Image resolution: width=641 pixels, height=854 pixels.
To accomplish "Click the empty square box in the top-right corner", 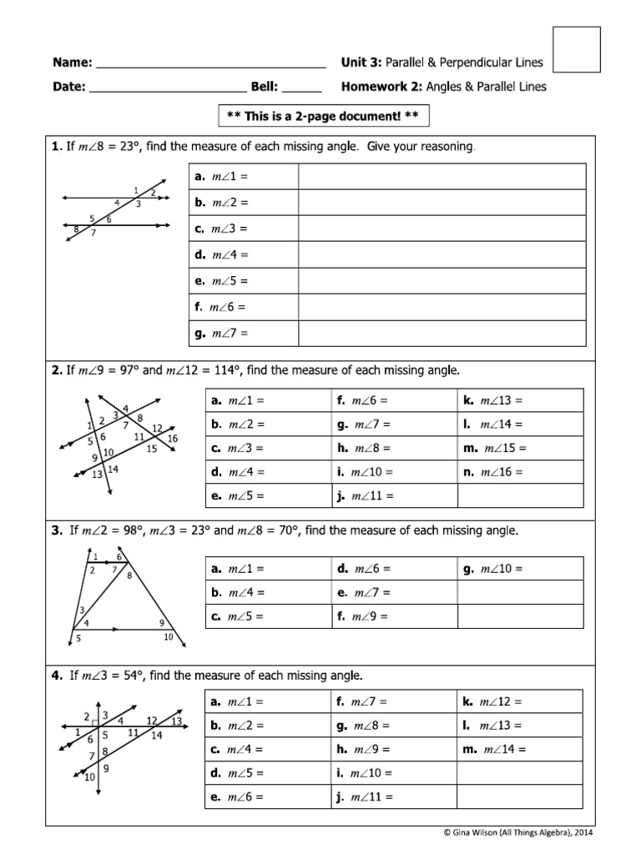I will coord(577,50).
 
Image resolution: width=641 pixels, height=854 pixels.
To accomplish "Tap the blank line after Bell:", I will coord(306,88).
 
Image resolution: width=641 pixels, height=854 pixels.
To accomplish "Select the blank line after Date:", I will coord(167,88).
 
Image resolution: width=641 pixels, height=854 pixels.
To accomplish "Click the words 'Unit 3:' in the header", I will coord(361,63).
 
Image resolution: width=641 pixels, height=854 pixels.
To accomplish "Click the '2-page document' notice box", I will coord(323,116).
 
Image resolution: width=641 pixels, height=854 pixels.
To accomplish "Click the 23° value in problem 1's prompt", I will coord(124,148).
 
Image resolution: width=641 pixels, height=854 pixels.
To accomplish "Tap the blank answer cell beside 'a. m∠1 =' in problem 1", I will coord(442,177).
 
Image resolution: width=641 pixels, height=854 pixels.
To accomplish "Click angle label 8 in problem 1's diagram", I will coord(76,229).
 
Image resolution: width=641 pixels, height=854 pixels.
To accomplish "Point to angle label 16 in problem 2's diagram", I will coord(172,439).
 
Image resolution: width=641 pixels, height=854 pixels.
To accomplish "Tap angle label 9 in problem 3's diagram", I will coord(160,623).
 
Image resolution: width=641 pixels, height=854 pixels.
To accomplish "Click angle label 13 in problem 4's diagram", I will coord(176,721).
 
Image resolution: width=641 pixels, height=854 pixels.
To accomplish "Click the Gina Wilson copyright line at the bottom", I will coord(518,832).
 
